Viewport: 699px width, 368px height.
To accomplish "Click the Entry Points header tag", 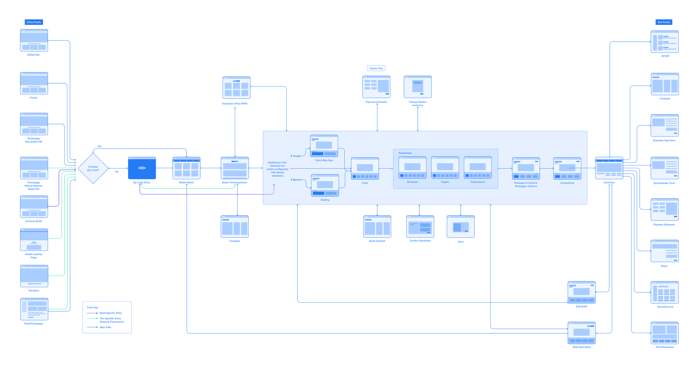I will click(x=34, y=22).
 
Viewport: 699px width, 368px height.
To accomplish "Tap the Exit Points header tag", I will click(x=663, y=22).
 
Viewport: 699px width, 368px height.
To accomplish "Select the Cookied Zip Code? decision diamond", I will click(x=93, y=168).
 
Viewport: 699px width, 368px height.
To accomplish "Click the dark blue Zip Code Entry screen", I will click(x=142, y=168).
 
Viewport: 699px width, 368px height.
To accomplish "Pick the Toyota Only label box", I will click(x=376, y=68).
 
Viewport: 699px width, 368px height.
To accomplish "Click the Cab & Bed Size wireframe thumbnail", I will click(x=324, y=146).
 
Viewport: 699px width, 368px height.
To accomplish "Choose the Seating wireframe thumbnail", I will click(x=325, y=185).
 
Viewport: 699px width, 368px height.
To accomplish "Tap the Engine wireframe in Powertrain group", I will click(x=445, y=167).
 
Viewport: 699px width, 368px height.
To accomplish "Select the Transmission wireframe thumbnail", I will click(x=478, y=167).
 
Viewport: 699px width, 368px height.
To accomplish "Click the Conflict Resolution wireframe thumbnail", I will click(x=420, y=226).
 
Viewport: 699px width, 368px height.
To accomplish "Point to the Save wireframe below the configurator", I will click(x=461, y=226).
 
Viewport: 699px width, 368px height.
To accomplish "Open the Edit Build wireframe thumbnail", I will click(x=581, y=292).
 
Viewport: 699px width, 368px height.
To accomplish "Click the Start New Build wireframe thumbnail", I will click(x=581, y=333).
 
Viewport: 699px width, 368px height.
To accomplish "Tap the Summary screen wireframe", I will click(x=609, y=168).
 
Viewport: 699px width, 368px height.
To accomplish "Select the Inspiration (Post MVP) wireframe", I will click(x=236, y=87).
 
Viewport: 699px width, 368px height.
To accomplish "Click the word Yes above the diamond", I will click(x=99, y=146).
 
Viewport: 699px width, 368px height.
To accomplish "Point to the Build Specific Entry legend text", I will click(x=111, y=313).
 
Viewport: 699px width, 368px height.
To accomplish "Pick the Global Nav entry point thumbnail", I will click(x=34, y=40).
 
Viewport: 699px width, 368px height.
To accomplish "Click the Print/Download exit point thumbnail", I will click(x=664, y=333).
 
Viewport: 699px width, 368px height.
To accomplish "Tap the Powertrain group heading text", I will click(x=405, y=153).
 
